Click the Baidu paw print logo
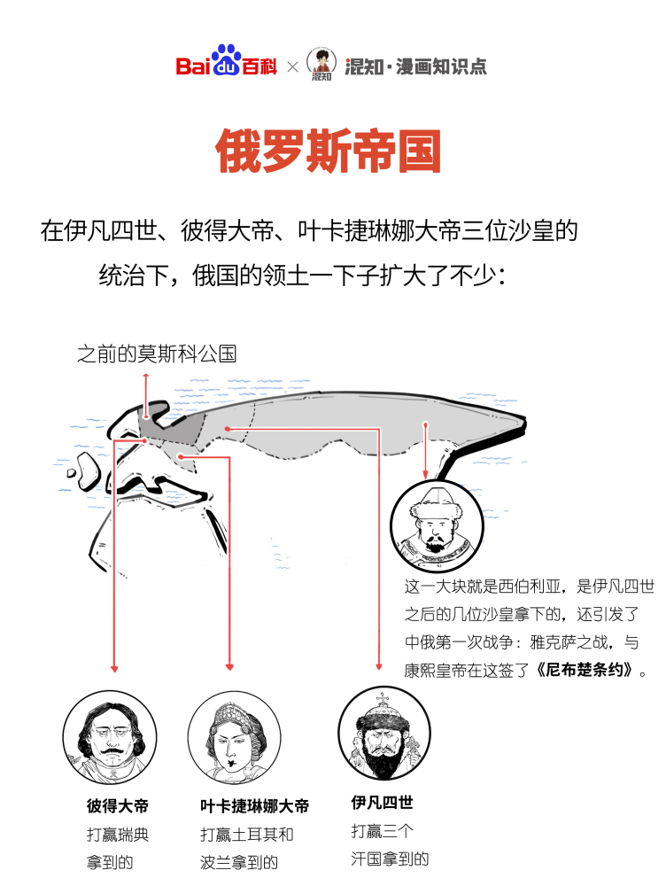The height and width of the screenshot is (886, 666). [x=226, y=60]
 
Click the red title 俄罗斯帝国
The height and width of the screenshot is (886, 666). [x=329, y=151]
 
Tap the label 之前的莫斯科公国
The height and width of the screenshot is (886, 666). [x=157, y=354]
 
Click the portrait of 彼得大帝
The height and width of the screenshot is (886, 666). [x=110, y=737]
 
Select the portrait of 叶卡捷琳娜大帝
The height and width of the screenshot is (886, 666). [x=234, y=737]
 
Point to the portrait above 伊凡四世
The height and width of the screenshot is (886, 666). [x=384, y=734]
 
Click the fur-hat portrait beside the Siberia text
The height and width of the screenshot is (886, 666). [x=437, y=526]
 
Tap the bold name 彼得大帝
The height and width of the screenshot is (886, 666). [x=118, y=805]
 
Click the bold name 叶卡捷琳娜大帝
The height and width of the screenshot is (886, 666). [x=255, y=805]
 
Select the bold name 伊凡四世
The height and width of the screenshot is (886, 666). [x=382, y=803]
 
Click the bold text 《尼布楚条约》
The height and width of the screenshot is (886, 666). [x=585, y=670]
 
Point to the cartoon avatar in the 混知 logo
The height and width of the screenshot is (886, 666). [x=321, y=63]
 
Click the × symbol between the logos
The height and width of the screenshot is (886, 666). [x=292, y=67]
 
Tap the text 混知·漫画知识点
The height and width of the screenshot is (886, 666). [x=415, y=66]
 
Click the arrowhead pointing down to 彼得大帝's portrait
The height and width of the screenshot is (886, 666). [x=114, y=668]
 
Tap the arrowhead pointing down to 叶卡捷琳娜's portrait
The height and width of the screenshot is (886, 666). [x=229, y=667]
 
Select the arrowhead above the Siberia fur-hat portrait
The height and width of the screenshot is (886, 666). [x=426, y=475]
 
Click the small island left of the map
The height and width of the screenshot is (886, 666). [x=72, y=472]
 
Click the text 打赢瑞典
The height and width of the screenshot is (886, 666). [x=118, y=834]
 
